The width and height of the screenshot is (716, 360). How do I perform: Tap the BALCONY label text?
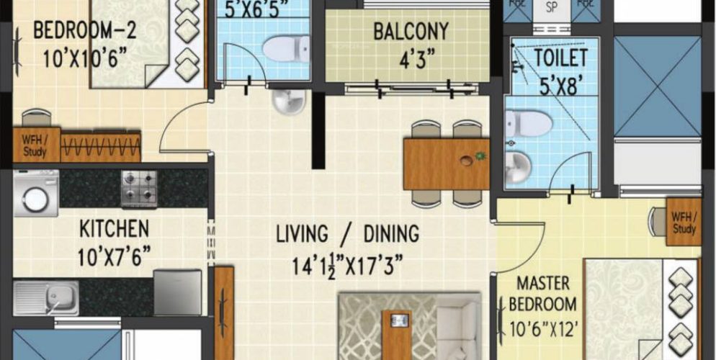(x=411, y=32)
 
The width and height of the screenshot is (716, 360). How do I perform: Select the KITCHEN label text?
(x=114, y=230)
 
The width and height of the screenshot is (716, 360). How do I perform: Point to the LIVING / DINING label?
(x=347, y=234)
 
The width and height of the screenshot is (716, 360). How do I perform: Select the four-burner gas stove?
(x=139, y=188)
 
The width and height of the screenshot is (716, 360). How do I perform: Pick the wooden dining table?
(x=446, y=163)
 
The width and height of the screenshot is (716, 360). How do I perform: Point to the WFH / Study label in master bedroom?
(x=683, y=224)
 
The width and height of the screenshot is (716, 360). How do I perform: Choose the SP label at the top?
(x=551, y=8)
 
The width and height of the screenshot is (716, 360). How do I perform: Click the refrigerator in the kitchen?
(x=177, y=291)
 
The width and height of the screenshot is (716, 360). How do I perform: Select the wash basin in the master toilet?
(x=519, y=167)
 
